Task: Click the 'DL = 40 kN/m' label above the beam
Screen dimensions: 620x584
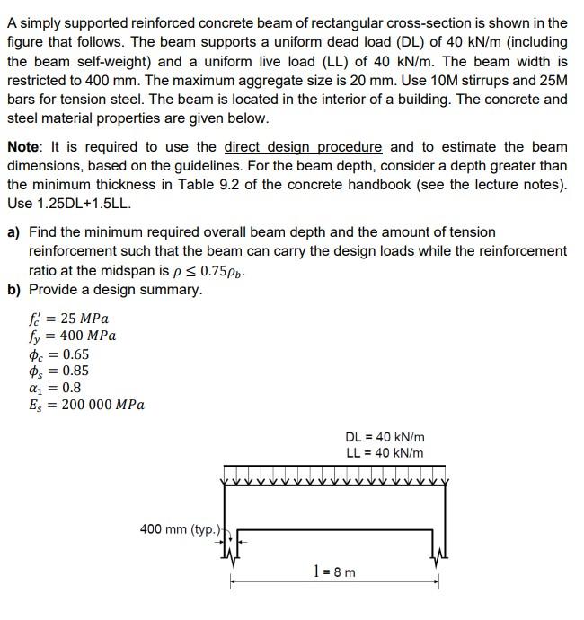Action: tap(384, 437)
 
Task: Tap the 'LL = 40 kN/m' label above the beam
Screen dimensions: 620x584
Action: tap(384, 453)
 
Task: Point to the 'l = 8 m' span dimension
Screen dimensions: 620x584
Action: tap(334, 572)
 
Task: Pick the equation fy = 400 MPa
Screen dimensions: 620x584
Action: tap(72, 336)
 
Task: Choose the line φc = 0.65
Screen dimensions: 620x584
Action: tap(59, 354)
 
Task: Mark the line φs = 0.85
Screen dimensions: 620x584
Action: tap(59, 371)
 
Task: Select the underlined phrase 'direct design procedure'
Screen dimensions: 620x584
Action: tap(303, 146)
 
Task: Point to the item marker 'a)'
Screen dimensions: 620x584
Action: tap(14, 231)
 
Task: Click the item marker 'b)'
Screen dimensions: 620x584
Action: tap(14, 290)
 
